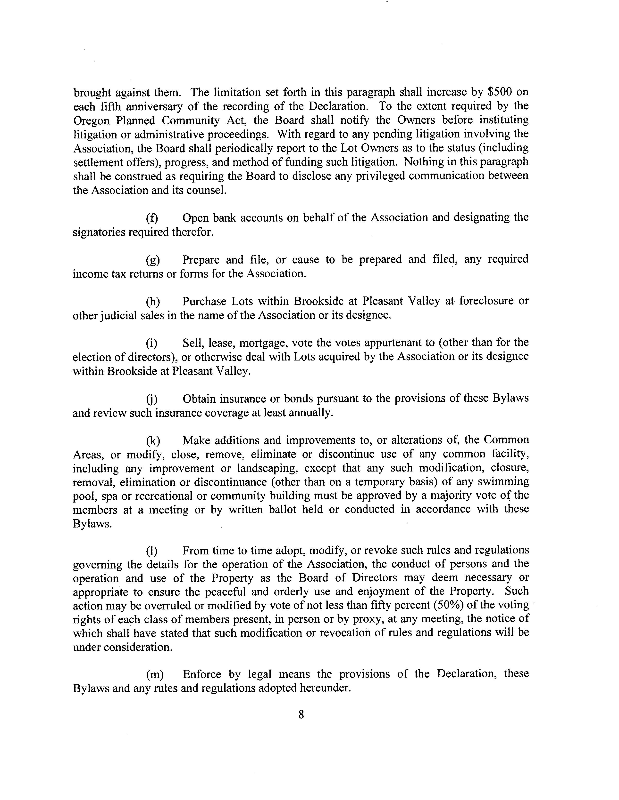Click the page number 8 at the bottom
[301, 714]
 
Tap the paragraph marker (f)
[152, 218]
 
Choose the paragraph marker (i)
[152, 344]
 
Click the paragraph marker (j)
[152, 399]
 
